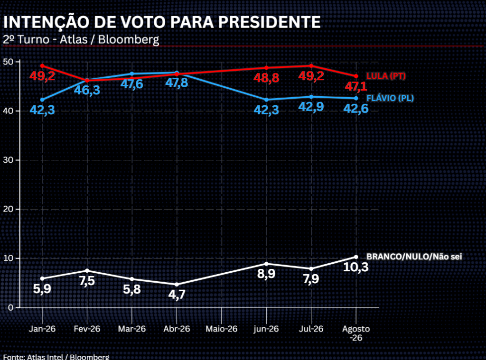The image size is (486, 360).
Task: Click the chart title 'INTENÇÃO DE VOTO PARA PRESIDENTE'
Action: [x=162, y=22]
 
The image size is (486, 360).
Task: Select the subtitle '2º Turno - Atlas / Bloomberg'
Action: [x=81, y=40]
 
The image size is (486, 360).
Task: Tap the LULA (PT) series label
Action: [x=386, y=76]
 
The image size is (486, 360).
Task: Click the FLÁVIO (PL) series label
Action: [x=390, y=98]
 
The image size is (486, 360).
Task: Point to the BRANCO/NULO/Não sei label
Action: [x=414, y=257]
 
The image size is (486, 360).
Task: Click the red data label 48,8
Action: [x=266, y=78]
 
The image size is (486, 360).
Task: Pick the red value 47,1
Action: [x=356, y=86]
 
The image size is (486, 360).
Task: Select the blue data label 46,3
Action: [x=87, y=90]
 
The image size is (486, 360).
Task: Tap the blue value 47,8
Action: [x=177, y=83]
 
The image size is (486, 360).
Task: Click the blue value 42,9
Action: [x=311, y=107]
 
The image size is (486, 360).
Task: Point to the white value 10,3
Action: [x=356, y=267]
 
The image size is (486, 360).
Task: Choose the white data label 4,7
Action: [x=177, y=295]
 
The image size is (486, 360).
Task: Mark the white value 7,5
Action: [x=87, y=281]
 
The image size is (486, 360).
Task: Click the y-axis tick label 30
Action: [x=8, y=160]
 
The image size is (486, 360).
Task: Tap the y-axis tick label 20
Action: [x=8, y=209]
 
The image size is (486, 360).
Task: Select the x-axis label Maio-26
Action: [x=222, y=329]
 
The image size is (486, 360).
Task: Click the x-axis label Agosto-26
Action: [x=356, y=333]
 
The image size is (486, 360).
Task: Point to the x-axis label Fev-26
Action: [x=87, y=329]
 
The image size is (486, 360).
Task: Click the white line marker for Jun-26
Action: [x=266, y=264]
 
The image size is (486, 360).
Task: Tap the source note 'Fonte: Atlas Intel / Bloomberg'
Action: [x=56, y=357]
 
